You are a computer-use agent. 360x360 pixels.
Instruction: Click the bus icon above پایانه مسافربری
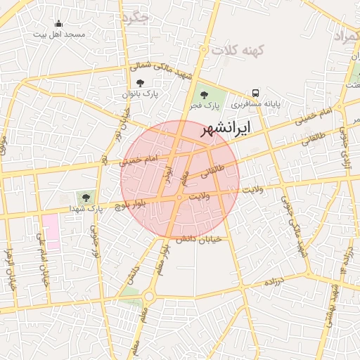[255, 92]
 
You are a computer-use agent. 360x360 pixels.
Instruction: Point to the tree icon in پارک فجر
[205, 95]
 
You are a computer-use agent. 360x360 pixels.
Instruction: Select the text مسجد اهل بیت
[59, 34]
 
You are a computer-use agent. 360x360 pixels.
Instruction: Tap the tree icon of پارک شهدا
[86, 198]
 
